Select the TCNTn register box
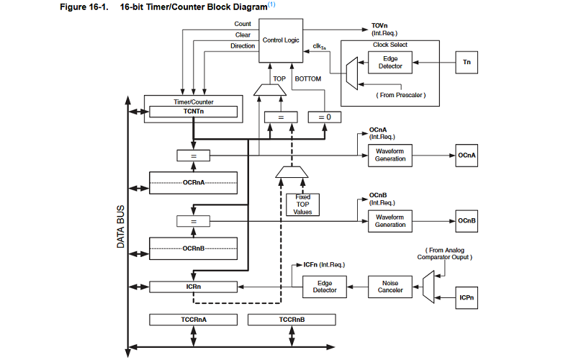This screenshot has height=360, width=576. pyautogui.click(x=192, y=112)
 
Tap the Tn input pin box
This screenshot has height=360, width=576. pyautogui.click(x=467, y=63)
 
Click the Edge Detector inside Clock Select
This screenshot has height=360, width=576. pyautogui.click(x=390, y=63)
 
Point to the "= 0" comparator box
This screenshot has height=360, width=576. pyautogui.click(x=323, y=117)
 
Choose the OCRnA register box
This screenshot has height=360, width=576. pyautogui.click(x=192, y=183)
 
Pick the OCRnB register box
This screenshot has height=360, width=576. pyautogui.click(x=192, y=248)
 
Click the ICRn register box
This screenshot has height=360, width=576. pyautogui.click(x=192, y=287)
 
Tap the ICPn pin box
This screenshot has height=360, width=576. pyautogui.click(x=467, y=296)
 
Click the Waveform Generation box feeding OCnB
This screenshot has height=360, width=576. pyautogui.click(x=390, y=220)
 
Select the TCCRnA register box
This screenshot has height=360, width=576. pyautogui.click(x=192, y=318)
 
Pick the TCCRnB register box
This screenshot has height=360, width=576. pyautogui.click(x=291, y=318)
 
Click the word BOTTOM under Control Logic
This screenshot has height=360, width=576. pyautogui.click(x=307, y=78)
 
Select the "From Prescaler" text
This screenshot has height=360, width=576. pyautogui.click(x=400, y=95)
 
